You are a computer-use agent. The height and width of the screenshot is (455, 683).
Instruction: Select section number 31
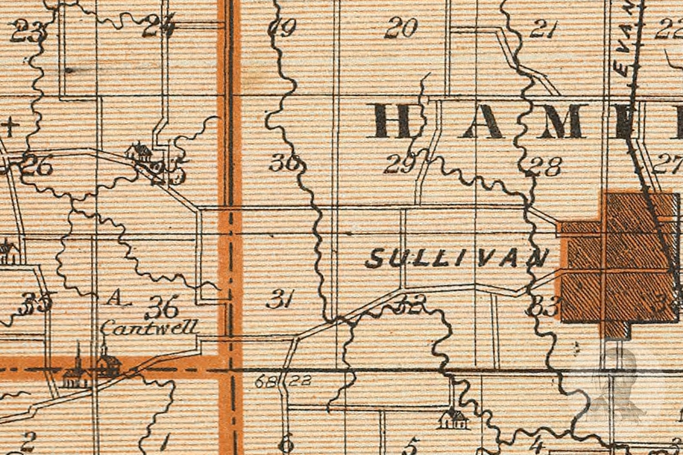(x=280, y=299)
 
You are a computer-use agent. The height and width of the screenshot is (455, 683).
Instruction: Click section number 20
(x=401, y=28)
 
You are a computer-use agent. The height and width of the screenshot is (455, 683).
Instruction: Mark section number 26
(x=37, y=166)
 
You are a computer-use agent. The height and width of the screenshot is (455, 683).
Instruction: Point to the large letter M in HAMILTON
(x=559, y=122)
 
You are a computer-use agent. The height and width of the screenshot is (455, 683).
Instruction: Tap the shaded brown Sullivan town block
(x=619, y=262)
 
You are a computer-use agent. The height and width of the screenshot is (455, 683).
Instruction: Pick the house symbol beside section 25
(x=139, y=152)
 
